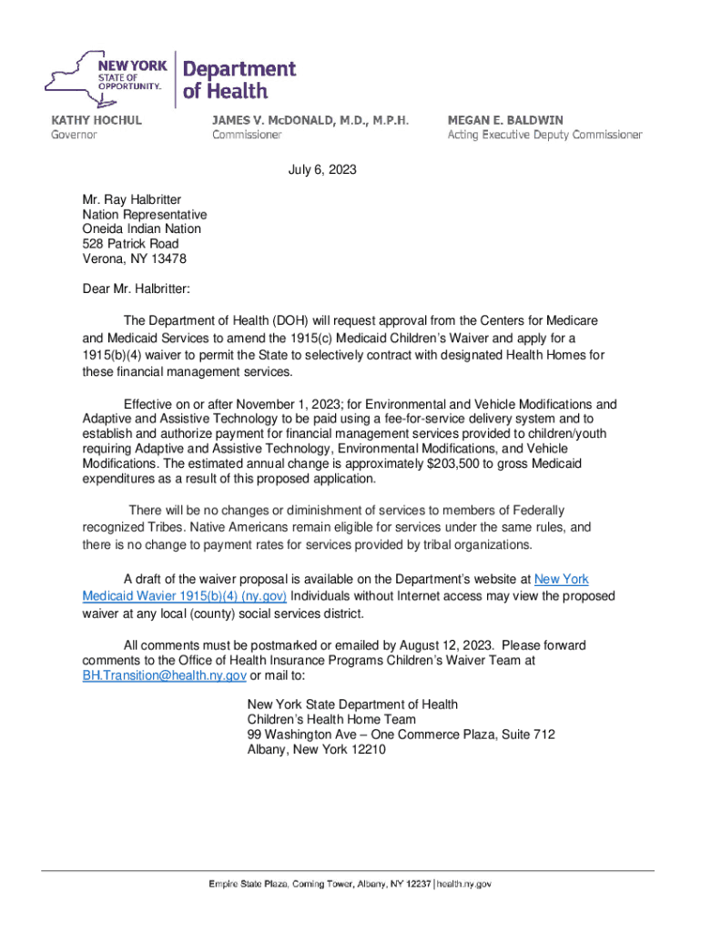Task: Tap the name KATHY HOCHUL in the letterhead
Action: [96, 120]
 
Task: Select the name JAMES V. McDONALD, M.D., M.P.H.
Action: [310, 120]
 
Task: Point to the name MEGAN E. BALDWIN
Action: [504, 120]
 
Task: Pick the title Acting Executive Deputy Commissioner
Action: [544, 135]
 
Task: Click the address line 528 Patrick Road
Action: [130, 244]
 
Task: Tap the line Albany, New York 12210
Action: [317, 750]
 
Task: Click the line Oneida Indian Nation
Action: [141, 229]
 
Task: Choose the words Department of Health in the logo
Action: [239, 79]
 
